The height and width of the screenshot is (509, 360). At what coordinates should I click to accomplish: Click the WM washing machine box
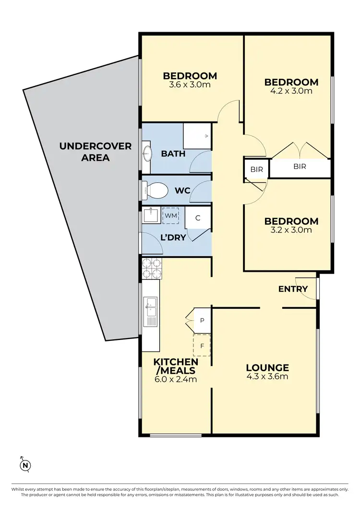[x=170, y=216]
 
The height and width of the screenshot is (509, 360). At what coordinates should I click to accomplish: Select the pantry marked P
[x=202, y=320]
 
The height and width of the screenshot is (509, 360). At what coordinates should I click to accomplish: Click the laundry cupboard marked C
[x=197, y=218]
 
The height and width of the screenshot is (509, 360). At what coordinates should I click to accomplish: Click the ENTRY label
[x=293, y=289]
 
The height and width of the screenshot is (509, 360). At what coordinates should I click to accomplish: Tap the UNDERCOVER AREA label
[x=95, y=151]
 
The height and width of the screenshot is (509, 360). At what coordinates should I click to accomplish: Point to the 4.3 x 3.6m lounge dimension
[x=267, y=376]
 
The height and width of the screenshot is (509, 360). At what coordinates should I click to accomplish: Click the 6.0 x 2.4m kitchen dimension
[x=175, y=379]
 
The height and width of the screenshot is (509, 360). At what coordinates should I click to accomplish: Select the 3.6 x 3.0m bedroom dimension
[x=190, y=85]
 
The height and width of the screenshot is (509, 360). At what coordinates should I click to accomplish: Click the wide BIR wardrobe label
[x=299, y=167]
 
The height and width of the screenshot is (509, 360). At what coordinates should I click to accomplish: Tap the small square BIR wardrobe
[x=253, y=169]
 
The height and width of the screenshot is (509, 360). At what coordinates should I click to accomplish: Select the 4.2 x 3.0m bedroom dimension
[x=291, y=91]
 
